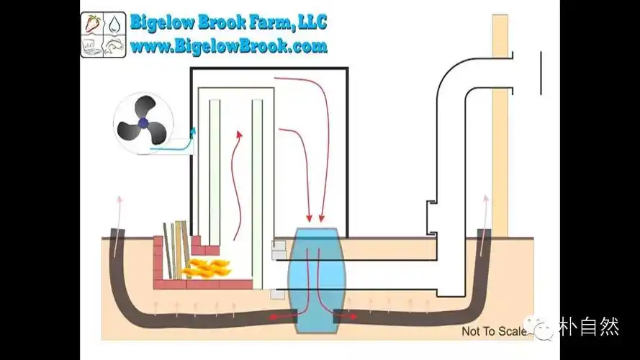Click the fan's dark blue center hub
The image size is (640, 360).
(144, 123)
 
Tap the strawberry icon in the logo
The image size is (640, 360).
(92, 23)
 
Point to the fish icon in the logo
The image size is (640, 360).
(114, 45)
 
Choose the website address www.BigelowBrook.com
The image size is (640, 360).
(228, 47)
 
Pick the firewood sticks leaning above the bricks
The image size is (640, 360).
(176, 248)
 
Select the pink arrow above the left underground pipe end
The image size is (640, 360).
(117, 205)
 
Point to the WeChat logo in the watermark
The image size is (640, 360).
(541, 328)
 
